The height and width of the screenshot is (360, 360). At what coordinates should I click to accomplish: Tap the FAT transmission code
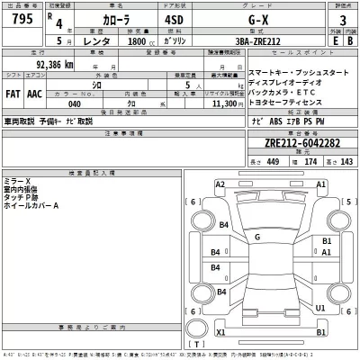15,93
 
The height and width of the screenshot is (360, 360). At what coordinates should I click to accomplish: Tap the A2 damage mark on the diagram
220,184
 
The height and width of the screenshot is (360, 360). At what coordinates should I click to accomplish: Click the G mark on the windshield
257,237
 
